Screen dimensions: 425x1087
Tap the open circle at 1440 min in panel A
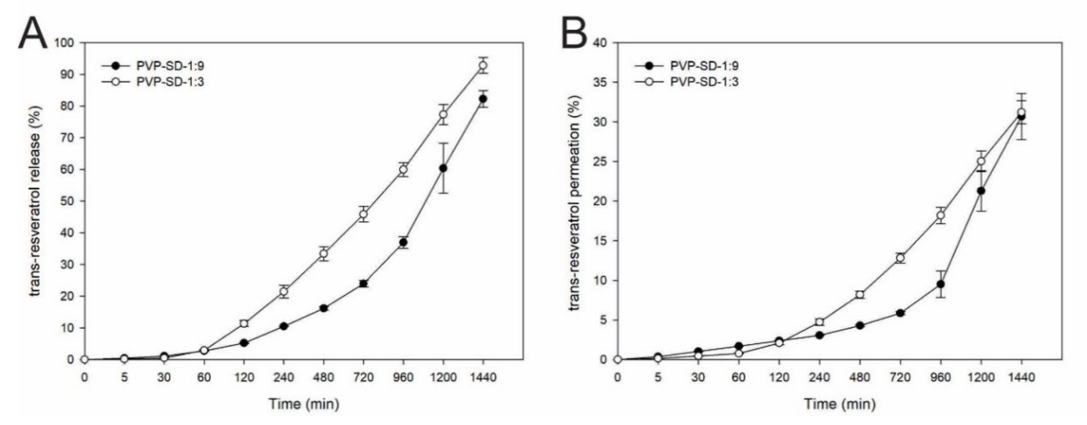click(483, 65)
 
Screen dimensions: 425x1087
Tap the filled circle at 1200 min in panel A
click(443, 168)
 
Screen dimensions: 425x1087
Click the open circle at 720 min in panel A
click(363, 214)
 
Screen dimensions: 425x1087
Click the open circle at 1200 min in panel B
click(981, 161)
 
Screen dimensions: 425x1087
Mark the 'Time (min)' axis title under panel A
click(304, 404)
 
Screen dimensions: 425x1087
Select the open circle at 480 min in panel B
click(860, 294)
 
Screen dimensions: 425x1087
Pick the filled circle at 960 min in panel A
click(403, 242)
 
